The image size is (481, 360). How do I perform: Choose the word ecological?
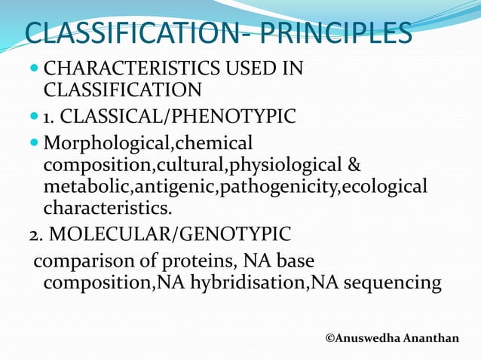pyautogui.click(x=384, y=186)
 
